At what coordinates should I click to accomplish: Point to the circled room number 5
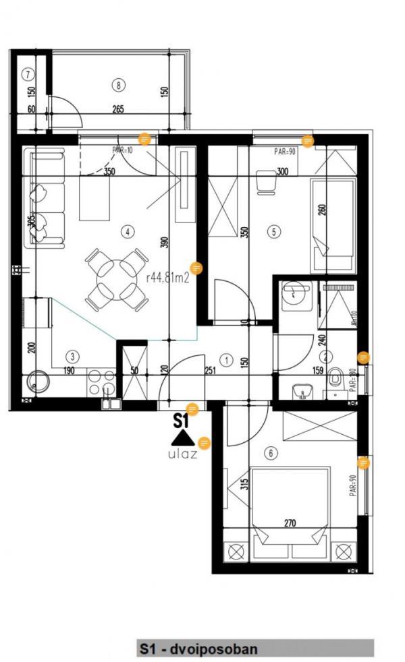tap(273, 232)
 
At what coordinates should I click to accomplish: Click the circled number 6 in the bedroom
tap(271, 453)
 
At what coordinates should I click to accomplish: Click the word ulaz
tap(182, 454)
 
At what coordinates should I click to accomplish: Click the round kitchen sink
tap(36, 386)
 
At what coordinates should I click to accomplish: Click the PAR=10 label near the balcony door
tap(123, 151)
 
